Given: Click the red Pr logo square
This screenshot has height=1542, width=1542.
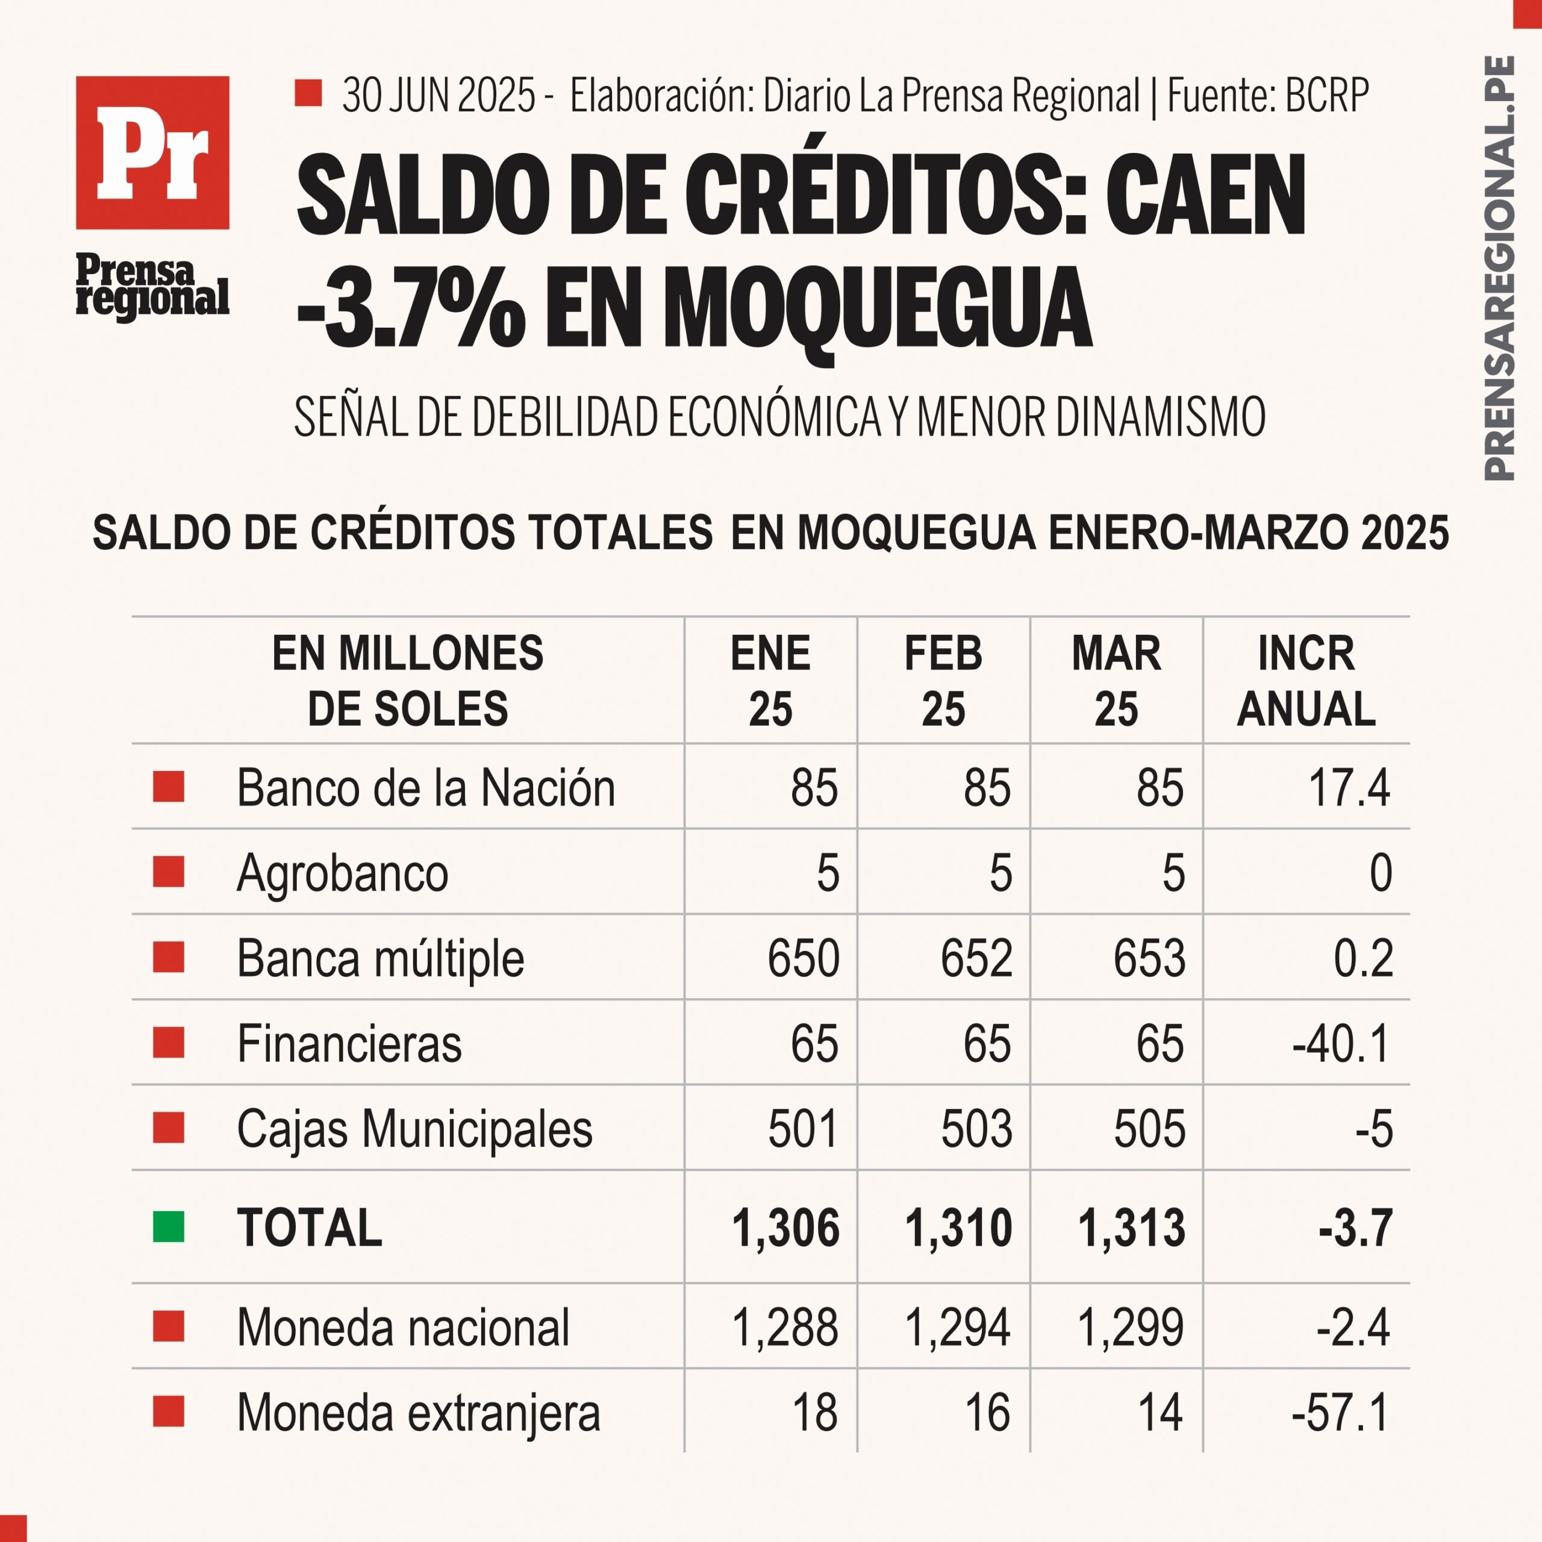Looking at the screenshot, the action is point(152,152).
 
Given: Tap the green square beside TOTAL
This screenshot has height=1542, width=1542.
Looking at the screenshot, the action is point(169,1227).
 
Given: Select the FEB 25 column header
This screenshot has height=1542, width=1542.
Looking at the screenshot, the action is point(943,681).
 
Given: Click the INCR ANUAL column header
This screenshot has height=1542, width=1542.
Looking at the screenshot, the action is point(1306,681).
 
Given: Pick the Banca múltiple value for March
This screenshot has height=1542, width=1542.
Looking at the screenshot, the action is point(1149,958).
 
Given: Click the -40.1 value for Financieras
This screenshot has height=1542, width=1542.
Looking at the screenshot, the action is point(1341,1043).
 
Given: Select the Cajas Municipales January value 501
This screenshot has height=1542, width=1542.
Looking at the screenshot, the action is point(803,1129).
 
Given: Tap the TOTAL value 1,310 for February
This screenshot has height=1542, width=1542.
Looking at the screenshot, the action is point(958,1228).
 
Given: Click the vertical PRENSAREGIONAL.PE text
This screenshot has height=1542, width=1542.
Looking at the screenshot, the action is point(1498,268).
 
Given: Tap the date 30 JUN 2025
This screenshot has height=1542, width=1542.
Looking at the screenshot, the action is point(439,95).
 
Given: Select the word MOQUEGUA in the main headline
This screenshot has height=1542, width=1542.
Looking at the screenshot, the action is point(877,308).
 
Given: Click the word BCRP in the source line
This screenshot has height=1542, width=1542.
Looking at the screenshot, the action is point(1328,95).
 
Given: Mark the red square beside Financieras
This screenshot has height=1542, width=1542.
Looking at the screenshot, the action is point(169,1043).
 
